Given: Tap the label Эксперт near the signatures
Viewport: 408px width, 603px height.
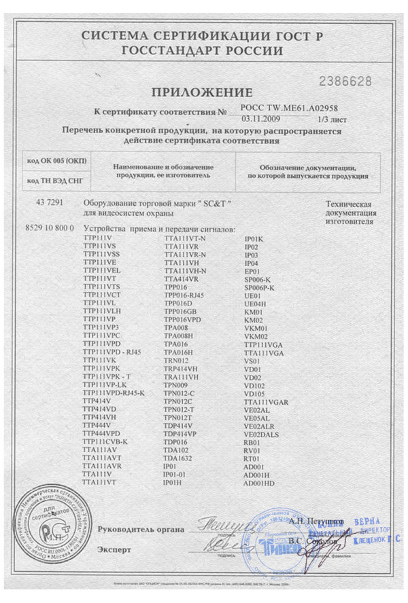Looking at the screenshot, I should pyautogui.click(x=114, y=547).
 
